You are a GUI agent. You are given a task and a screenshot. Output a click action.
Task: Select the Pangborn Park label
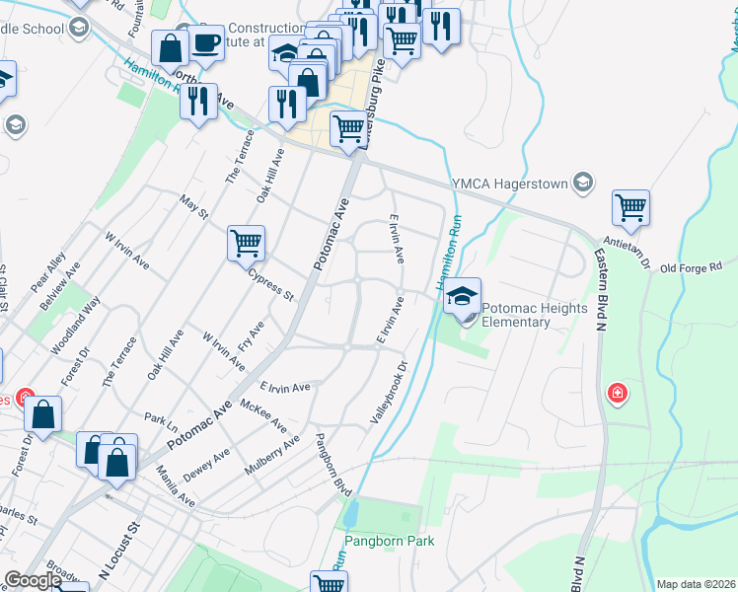(389, 541)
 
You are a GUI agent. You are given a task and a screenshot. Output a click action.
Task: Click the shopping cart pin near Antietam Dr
(630, 208)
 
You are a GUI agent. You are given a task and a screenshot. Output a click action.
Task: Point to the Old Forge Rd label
(692, 266)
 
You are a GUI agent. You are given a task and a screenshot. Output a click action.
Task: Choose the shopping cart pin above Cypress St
(246, 242)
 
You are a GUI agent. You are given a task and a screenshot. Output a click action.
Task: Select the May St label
(194, 207)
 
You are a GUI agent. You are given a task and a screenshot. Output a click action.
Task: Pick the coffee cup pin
(206, 44)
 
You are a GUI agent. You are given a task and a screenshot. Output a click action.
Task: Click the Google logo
(33, 581)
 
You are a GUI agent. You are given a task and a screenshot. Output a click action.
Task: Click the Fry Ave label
(252, 335)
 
